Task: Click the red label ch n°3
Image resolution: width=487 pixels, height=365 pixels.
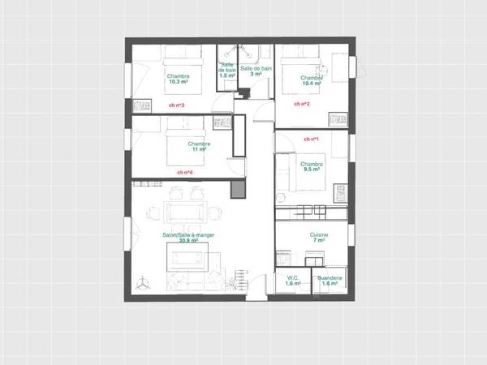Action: [176, 105]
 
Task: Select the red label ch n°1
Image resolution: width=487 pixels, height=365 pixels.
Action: [311, 140]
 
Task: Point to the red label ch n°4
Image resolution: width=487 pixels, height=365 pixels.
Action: [185, 172]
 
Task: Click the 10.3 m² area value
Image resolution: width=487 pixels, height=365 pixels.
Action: [178, 82]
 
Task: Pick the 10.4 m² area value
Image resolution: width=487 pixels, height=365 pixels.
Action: [311, 84]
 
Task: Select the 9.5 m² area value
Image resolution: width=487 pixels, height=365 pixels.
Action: [312, 170]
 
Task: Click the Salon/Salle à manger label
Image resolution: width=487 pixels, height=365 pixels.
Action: [188, 234]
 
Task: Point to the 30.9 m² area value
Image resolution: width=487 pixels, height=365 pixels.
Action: [188, 241]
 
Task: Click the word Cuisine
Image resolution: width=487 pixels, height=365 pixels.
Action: [318, 234]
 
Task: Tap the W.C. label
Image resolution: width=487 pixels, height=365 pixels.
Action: [293, 277]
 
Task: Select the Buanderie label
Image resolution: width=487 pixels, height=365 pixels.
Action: [330, 277]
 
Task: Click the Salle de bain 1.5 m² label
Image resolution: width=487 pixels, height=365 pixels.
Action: [227, 72]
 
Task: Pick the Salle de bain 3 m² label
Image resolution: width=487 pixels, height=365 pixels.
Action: [255, 72]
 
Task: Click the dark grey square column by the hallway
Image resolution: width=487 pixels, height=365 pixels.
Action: [238, 189]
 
